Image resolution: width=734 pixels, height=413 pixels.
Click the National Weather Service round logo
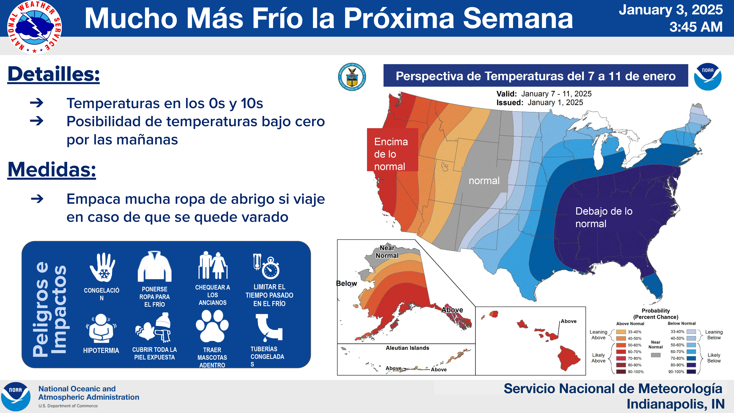click(x=34, y=27)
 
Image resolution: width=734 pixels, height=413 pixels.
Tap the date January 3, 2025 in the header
click(x=670, y=10)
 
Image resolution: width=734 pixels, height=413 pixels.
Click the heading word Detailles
click(x=54, y=74)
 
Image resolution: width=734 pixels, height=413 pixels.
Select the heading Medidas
click(x=52, y=170)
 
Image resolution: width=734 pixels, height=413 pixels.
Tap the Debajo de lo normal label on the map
click(x=604, y=217)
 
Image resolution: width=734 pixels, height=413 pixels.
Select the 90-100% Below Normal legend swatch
click(x=691, y=371)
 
